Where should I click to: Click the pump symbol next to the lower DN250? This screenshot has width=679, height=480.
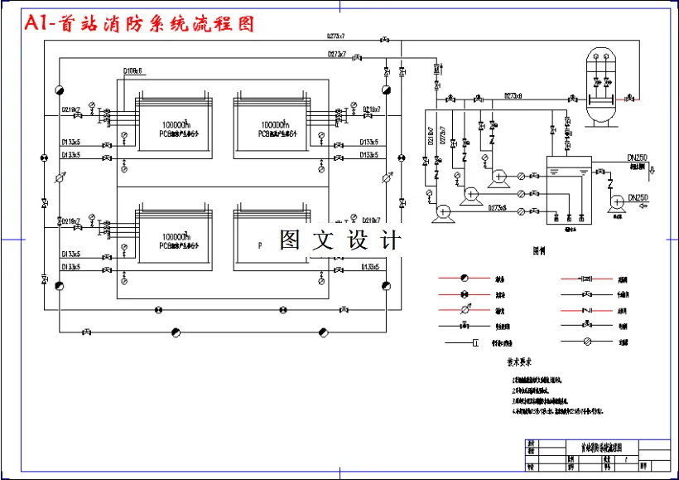616,202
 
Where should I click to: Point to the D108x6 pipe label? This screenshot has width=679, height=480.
132,71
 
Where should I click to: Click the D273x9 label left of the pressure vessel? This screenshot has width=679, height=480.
513,95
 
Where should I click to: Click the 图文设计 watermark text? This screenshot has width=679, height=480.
340,240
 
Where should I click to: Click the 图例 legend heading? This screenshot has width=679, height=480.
540,249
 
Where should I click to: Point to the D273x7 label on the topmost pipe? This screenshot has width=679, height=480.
335,36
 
